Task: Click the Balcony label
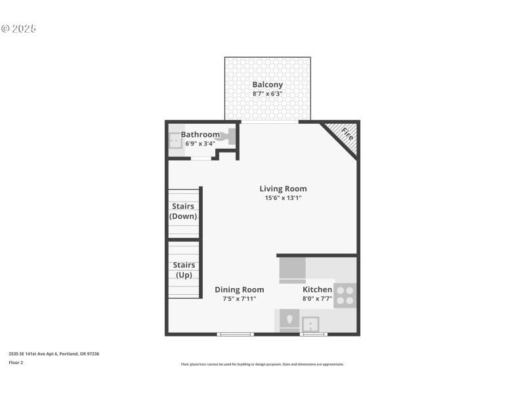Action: click(x=267, y=84)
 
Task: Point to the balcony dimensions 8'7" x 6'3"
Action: click(x=267, y=94)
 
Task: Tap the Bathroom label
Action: click(x=200, y=134)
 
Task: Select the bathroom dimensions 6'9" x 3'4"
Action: click(x=200, y=143)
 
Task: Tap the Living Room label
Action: click(x=283, y=189)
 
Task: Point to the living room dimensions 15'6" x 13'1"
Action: click(x=283, y=197)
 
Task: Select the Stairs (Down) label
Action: click(x=183, y=211)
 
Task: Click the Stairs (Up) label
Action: click(x=183, y=270)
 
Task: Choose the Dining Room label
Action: click(x=240, y=290)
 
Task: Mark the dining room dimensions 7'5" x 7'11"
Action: click(x=240, y=299)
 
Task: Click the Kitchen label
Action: click(x=317, y=290)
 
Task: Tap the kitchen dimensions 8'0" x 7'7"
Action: click(x=317, y=299)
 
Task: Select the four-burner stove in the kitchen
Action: click(x=345, y=295)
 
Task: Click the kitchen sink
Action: click(x=310, y=323)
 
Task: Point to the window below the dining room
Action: click(x=235, y=334)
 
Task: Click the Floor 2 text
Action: click(x=16, y=362)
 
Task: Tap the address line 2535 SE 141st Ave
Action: click(x=53, y=354)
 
